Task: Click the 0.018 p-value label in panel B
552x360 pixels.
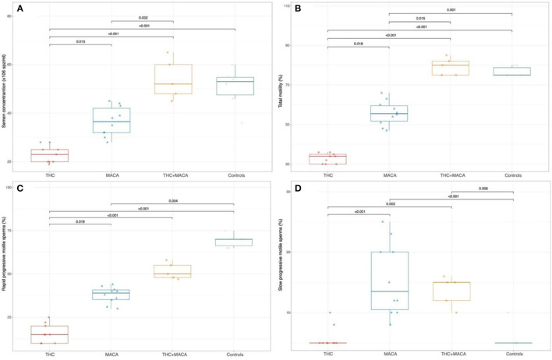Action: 357,44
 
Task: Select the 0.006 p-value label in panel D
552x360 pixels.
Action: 483,189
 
